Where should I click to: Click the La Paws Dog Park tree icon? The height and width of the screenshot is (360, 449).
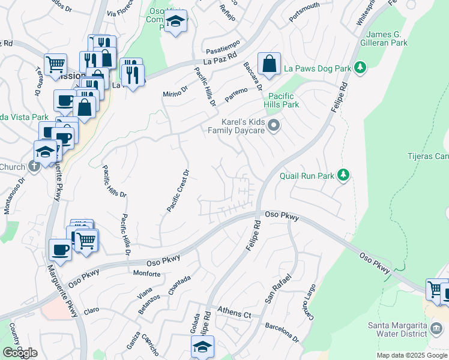click(360, 68)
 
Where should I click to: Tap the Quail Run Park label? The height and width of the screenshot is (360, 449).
click(307, 176)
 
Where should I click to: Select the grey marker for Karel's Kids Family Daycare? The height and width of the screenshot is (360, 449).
click(274, 125)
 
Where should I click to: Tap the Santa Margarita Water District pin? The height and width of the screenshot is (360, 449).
click(438, 328)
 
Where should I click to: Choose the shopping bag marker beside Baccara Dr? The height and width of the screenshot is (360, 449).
click(270, 63)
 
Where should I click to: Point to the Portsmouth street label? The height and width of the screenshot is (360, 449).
click(304, 14)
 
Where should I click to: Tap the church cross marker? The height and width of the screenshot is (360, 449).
click(34, 166)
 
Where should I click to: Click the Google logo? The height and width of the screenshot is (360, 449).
click(20, 353)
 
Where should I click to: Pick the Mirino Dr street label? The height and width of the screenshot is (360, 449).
click(175, 91)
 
